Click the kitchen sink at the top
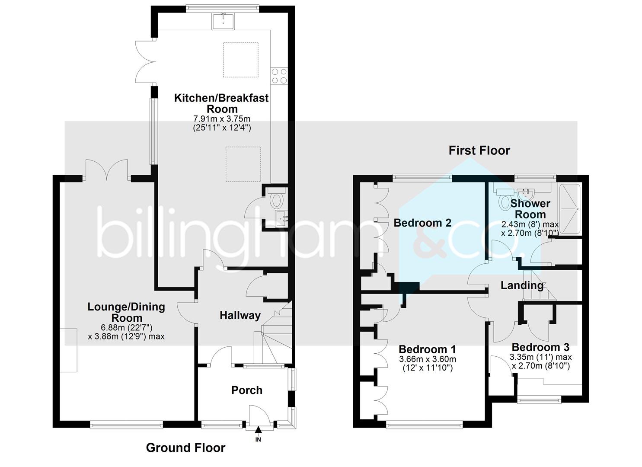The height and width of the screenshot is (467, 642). pos(223,21)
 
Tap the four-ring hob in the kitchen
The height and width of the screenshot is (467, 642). pos(279,76)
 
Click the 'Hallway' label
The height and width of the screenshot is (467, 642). pos(240,315)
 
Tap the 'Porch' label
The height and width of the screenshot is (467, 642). pos(247,390)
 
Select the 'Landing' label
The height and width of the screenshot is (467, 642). pos(522,285)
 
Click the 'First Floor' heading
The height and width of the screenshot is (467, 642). pos(479,150)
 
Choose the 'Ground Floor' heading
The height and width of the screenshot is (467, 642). pos(185,448)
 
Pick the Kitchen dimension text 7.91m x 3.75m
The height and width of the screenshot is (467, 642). pos(221,118)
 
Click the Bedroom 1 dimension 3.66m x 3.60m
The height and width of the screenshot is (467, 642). pos(427,359)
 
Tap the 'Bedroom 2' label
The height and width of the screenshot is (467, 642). pos(422,223)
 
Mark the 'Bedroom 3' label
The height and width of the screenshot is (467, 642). pos(540,347)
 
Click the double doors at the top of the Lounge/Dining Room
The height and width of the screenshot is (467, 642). pos(106,170)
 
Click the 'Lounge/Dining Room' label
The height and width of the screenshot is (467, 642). pos(126,312)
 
